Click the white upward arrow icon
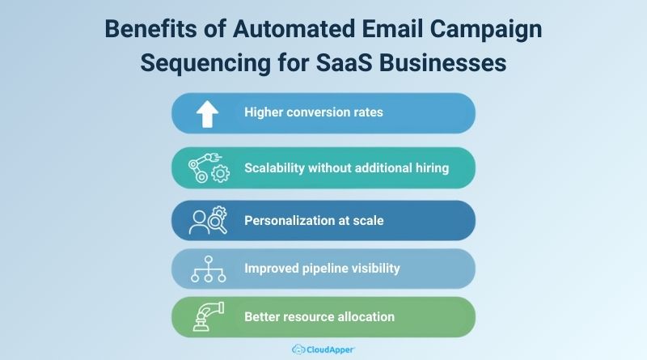click(x=208, y=113)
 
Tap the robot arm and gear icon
click(x=209, y=167)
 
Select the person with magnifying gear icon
click(x=208, y=221)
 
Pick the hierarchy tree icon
click(x=208, y=269)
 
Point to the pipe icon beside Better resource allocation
click(x=208, y=316)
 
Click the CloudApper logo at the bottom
click(x=323, y=349)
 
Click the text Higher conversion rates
click(x=314, y=112)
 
